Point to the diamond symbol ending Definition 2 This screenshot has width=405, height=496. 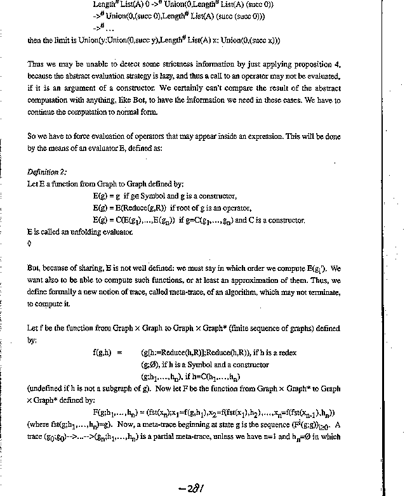tap(29, 243)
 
